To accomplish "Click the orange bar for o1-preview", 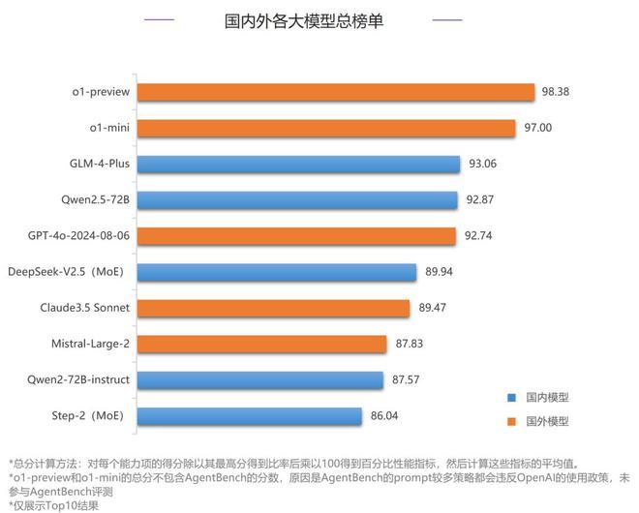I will click(x=335, y=92).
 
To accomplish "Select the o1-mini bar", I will click(x=326, y=128).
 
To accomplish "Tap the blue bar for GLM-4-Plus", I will click(x=298, y=164).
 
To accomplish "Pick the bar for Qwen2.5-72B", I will click(x=297, y=200).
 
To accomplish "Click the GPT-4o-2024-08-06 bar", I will click(x=296, y=236).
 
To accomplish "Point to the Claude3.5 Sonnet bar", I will click(x=274, y=308).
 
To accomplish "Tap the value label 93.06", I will click(x=482, y=164).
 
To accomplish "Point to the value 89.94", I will click(x=441, y=272).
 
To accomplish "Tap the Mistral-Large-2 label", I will click(x=90, y=344).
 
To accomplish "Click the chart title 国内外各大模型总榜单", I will click(x=304, y=20).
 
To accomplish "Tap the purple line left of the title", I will click(x=160, y=20).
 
